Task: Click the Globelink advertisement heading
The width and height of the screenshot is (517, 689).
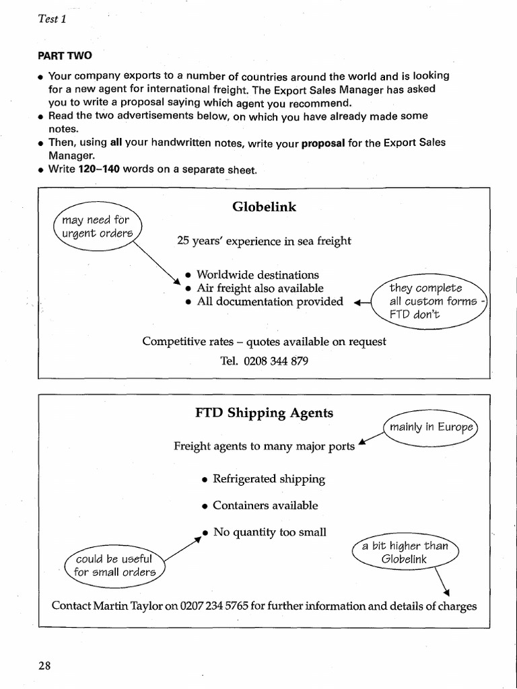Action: coord(264,207)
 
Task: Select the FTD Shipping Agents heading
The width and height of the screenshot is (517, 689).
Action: coord(264,413)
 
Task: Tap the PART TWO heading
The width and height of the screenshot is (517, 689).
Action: coord(65,56)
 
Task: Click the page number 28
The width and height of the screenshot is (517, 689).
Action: coord(44,665)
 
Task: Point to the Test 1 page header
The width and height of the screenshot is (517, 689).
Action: coord(52,19)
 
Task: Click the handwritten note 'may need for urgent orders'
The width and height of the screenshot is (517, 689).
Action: coord(95,226)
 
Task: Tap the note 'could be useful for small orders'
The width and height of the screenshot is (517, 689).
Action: coord(114,565)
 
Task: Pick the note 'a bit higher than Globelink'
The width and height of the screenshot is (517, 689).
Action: coord(405,552)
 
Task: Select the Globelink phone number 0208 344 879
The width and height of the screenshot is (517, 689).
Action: coord(264,361)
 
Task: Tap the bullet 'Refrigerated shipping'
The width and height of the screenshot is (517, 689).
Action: coord(269,479)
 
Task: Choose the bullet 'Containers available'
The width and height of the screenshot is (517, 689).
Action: coord(265,505)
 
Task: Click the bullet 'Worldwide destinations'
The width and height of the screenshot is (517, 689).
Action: coord(258,275)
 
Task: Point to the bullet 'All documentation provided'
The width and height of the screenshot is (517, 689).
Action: coord(270,301)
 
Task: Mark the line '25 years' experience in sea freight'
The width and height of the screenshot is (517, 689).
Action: coord(264,240)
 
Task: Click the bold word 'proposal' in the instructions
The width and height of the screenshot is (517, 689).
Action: coord(323,143)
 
